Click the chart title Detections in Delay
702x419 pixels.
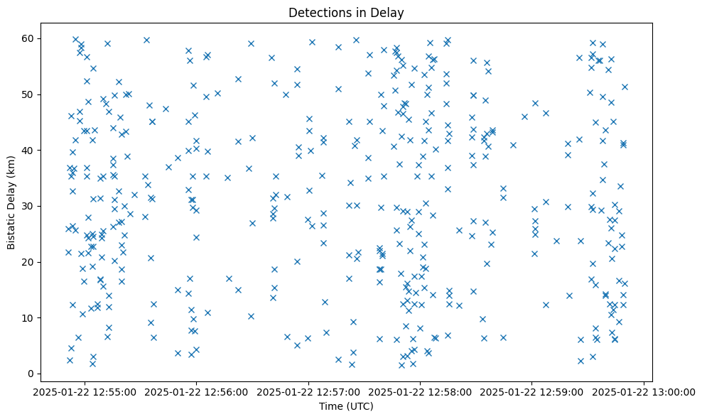[345, 12]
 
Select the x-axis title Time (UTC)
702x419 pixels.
[345, 406]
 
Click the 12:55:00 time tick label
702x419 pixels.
[85, 391]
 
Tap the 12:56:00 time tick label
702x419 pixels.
[197, 391]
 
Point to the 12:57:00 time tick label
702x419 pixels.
[309, 391]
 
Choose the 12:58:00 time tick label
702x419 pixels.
[421, 391]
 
